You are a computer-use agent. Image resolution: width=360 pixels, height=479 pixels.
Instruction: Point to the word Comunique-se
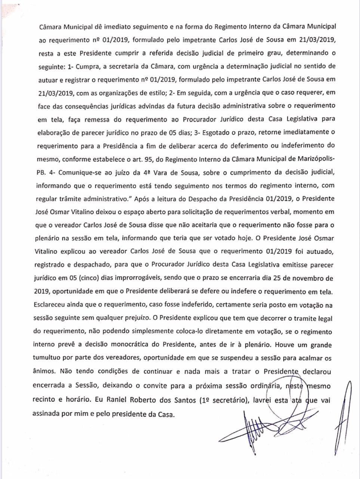coord(71,172)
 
